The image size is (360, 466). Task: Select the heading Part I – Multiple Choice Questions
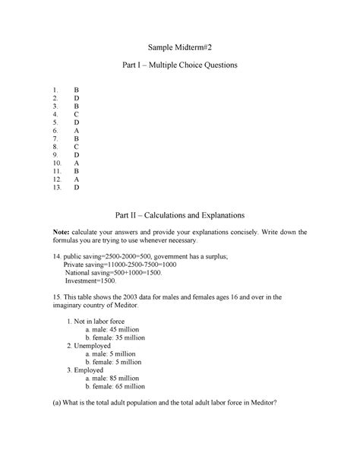(x=180, y=66)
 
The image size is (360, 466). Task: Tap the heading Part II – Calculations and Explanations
(x=180, y=215)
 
